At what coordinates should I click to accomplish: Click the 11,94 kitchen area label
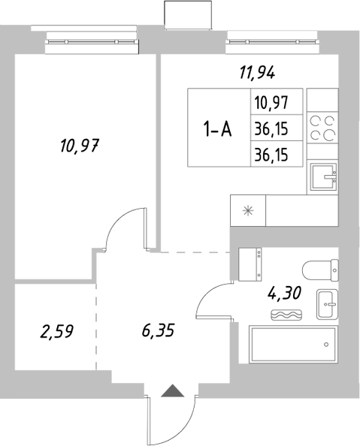coord(257,73)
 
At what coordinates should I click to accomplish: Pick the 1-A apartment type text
coord(218,129)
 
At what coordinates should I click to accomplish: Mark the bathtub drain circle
coord(326,345)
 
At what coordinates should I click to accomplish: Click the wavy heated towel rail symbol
coord(286,315)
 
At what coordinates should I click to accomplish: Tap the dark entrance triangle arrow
coord(173,390)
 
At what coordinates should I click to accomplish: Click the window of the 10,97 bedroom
coord(92,44)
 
